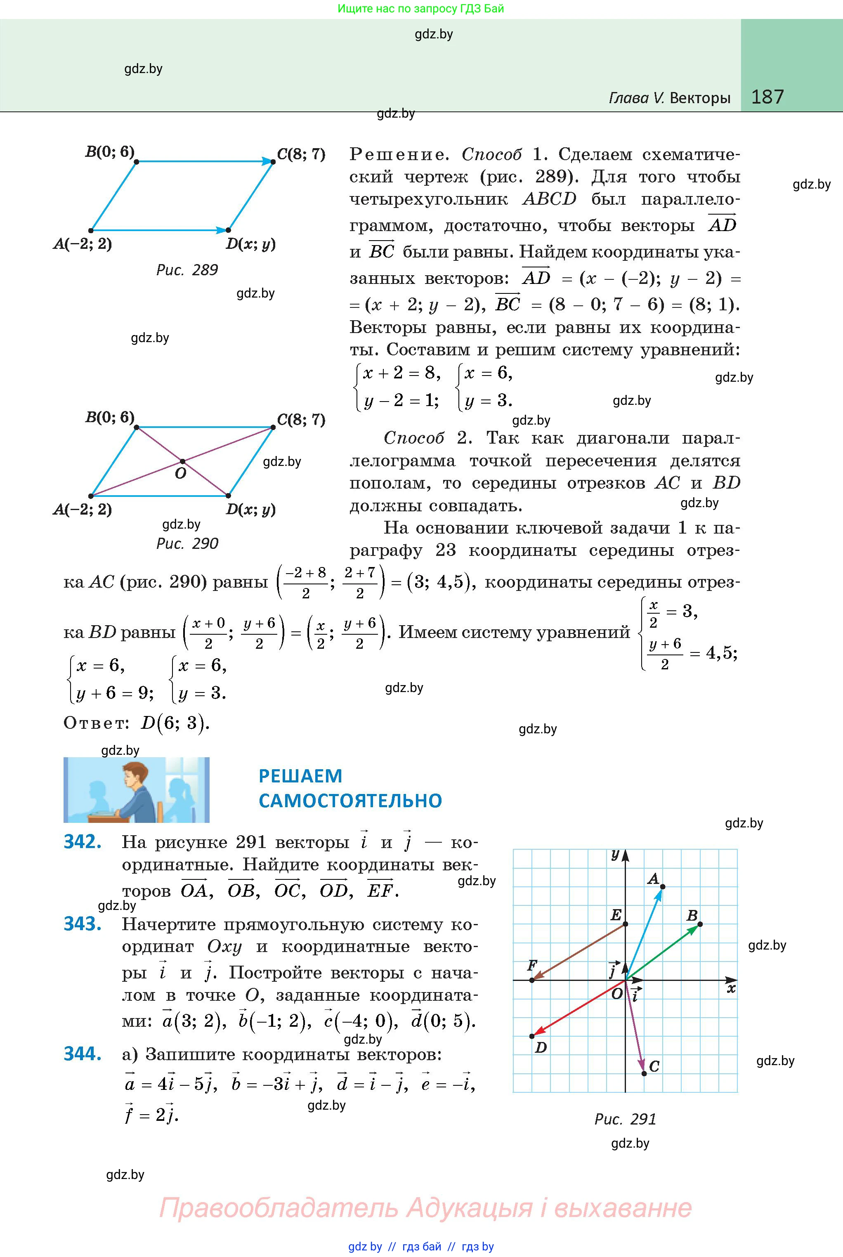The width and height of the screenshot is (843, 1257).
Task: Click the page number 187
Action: (767, 97)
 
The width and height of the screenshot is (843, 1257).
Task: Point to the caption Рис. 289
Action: (187, 270)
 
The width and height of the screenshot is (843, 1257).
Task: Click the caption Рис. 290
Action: (187, 543)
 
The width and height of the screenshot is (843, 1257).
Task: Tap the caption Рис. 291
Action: (625, 1119)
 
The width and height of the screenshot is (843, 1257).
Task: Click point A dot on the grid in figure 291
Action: (662, 886)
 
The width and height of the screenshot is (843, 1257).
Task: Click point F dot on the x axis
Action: (532, 980)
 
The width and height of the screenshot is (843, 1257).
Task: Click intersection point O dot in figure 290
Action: (183, 461)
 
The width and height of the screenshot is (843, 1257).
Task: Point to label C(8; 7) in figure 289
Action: (301, 154)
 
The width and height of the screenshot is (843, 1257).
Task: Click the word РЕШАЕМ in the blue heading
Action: (300, 776)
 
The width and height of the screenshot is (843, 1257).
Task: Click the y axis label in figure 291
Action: (616, 854)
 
